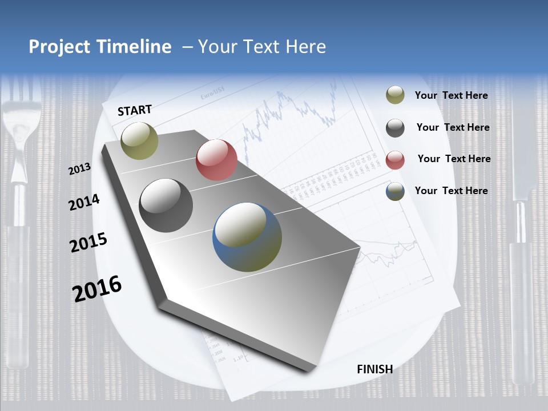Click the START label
[x=135, y=110]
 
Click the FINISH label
[x=374, y=369]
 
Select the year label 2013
[x=80, y=168]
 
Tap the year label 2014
[x=84, y=202]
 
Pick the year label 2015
[x=88, y=242]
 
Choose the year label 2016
[x=97, y=288]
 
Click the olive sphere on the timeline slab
[x=139, y=140]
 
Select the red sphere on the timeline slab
[x=216, y=160]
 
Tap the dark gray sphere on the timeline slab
[x=166, y=205]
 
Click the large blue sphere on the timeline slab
[x=247, y=237]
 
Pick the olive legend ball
[x=395, y=95]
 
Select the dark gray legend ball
[x=395, y=128]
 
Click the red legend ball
[x=395, y=160]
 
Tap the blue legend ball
[x=395, y=192]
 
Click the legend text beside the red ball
[x=454, y=159]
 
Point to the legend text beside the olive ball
[x=451, y=95]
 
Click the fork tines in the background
[x=21, y=108]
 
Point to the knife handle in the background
[x=522, y=297]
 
